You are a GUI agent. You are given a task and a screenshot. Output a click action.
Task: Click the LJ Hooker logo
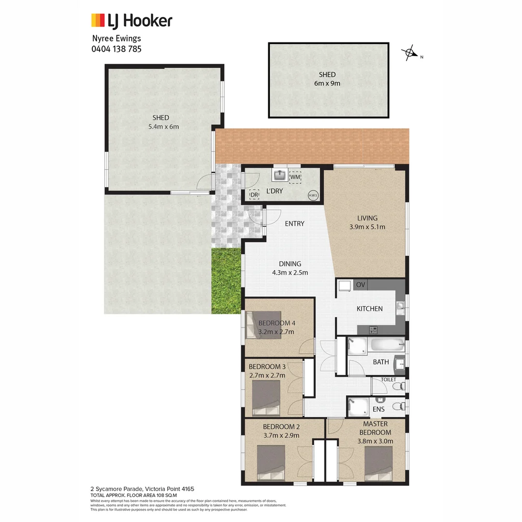pos(131,21)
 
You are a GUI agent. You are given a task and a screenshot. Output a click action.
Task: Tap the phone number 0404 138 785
pos(116,49)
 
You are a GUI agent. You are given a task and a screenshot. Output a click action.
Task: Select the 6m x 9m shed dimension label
pos(327,83)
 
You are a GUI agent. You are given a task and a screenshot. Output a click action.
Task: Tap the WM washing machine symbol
pos(295,177)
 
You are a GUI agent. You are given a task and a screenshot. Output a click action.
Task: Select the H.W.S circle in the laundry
pos(313,195)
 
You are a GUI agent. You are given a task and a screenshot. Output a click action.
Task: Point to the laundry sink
pos(280,175)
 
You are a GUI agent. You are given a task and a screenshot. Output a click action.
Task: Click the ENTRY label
pos(294,223)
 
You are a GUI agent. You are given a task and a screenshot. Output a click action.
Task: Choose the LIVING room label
pos(367,218)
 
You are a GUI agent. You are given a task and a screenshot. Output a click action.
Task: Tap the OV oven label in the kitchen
pos(361,285)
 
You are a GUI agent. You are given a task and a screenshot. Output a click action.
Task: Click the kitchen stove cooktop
pos(373,330)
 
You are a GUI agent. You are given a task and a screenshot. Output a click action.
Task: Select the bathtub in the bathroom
pos(385,346)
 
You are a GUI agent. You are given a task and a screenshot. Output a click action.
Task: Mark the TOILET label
pos(388,379)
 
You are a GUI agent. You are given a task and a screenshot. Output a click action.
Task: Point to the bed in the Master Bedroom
pos(378,463)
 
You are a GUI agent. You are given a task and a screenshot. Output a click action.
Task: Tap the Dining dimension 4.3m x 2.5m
pos(290,272)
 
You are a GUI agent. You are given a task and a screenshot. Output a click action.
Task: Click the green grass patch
pos(226,280)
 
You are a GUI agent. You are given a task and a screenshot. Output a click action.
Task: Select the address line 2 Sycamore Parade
pos(143,489)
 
